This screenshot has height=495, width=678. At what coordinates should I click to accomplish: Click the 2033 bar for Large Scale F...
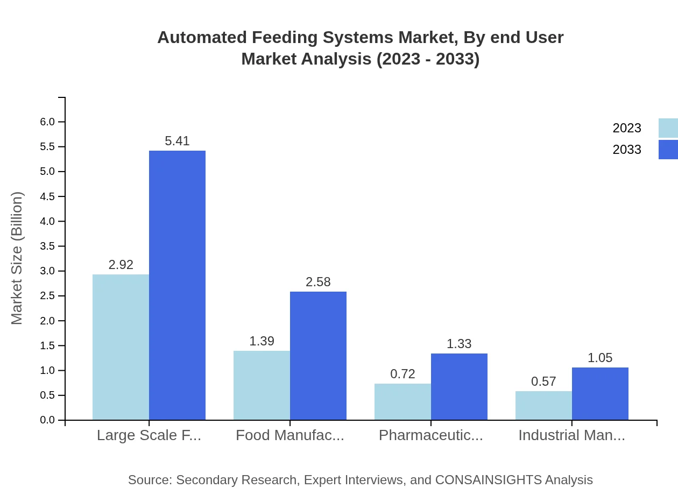click(177, 285)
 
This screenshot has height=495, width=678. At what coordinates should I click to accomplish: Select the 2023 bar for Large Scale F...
click(121, 347)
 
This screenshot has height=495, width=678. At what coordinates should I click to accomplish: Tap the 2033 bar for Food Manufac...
click(318, 356)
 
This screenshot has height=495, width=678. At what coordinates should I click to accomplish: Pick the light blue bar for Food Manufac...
click(262, 385)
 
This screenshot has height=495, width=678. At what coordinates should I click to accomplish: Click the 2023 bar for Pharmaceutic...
click(402, 401)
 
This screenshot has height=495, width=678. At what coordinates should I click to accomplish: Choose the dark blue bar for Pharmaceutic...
click(459, 386)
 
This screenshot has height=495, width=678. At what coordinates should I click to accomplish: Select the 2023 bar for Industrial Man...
click(543, 405)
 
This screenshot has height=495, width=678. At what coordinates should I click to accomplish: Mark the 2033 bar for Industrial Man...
click(600, 393)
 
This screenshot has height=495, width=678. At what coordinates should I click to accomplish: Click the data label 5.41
click(177, 141)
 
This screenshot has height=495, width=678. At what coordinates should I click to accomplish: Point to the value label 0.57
click(543, 381)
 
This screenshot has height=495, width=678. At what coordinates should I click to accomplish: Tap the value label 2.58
click(318, 282)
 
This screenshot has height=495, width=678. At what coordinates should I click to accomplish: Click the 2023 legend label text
click(627, 128)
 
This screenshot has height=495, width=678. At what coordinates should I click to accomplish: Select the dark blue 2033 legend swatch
click(668, 150)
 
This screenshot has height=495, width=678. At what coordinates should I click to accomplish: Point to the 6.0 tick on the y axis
click(47, 122)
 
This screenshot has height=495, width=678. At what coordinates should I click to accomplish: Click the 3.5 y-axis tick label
click(47, 246)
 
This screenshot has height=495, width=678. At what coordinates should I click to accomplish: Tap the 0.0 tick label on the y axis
click(47, 420)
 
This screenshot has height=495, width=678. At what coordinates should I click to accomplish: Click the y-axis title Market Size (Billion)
click(17, 258)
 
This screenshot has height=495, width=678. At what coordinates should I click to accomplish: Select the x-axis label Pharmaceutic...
click(430, 435)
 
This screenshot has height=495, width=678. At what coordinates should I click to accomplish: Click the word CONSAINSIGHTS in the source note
click(488, 480)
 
